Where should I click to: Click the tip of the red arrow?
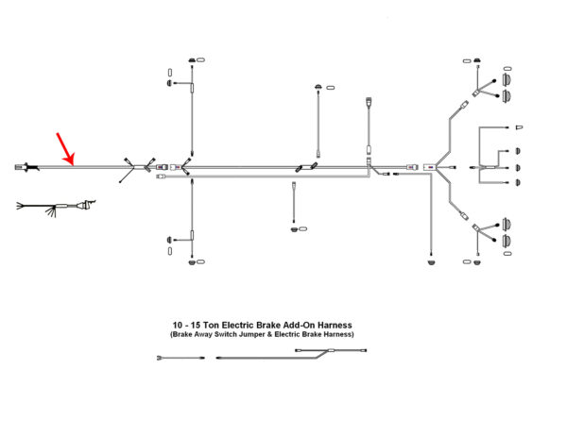(x=73, y=165)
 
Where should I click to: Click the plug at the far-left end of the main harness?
(x=23, y=168)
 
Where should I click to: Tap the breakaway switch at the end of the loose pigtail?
(x=87, y=205)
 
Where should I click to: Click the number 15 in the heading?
(x=196, y=325)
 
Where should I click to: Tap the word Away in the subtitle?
(x=203, y=334)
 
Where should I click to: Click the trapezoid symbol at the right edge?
(x=519, y=127)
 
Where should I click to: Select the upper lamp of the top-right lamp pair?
(x=507, y=79)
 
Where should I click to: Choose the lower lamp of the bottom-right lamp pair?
(x=507, y=240)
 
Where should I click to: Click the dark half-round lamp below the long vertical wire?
(x=431, y=261)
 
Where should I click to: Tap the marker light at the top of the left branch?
(x=192, y=59)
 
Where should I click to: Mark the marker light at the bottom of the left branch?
(x=192, y=261)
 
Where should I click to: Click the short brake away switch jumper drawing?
(x=180, y=358)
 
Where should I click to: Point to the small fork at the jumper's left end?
(x=161, y=358)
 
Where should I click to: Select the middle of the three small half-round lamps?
(x=518, y=168)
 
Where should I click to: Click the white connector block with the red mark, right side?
(x=430, y=167)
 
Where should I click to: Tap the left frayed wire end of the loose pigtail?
(x=20, y=206)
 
